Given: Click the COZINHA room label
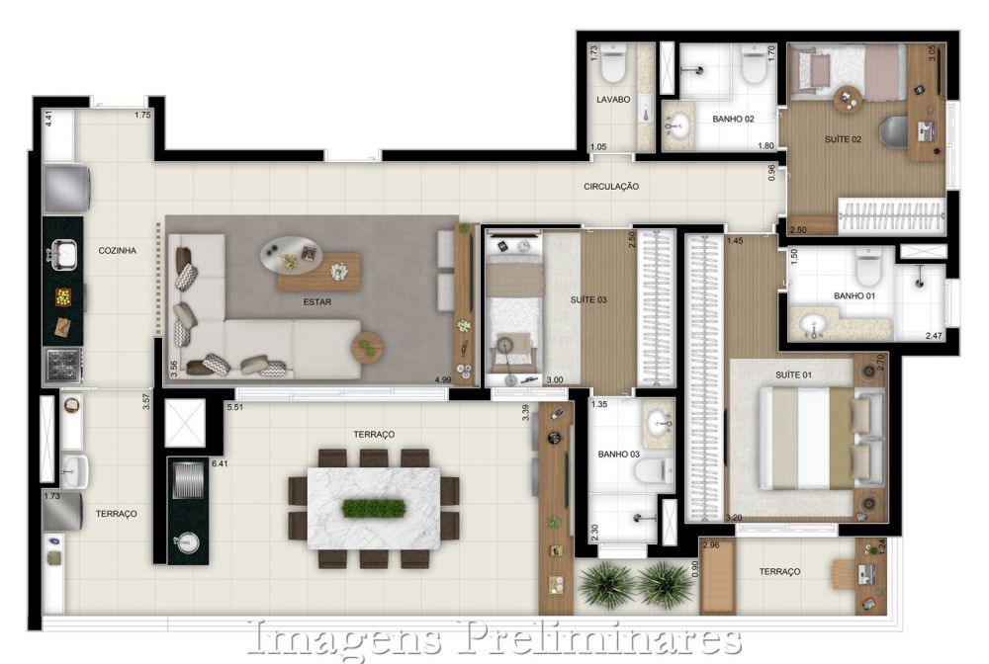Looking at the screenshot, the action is pos(118,251).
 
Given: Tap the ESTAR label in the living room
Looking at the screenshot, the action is pos(317,302).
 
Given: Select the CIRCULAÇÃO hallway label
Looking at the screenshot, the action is pos(611,187).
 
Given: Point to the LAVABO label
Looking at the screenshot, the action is pos(613,100).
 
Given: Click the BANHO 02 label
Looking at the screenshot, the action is pos(733,119).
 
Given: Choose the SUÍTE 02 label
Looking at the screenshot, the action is pos(843,139).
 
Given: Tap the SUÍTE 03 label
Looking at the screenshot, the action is pos(588,299).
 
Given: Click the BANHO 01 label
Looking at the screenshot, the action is pos(854,295).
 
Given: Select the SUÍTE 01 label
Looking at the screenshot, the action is pos(793,374).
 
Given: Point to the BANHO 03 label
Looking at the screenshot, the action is pos(619,455).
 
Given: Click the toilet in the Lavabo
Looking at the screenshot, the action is pos(613,64).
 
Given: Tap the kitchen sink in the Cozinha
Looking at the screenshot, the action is pos(63,255).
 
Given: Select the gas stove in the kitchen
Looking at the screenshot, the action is pos(63,366).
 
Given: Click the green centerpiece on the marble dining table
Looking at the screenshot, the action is pos(374,508).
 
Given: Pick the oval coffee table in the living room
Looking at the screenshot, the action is pos(292,255).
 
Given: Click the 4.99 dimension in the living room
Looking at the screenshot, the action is pos(443,379).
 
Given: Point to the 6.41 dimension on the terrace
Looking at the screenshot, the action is pos(221,463).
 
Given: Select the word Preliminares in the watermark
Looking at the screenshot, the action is pos(601,639).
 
